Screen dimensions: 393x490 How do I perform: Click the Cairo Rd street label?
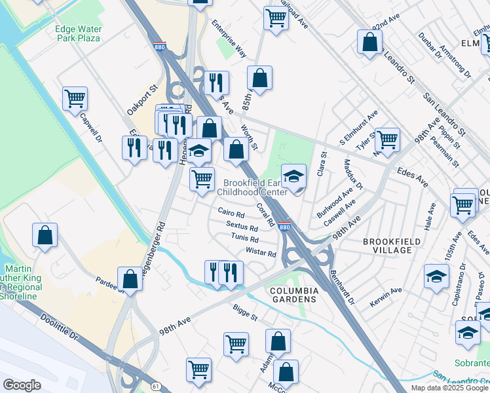[231, 214]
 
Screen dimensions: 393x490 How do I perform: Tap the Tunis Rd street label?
[245, 239]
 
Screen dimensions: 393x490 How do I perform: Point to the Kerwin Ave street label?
[388, 291]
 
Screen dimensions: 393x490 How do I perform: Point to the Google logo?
[22, 385]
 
